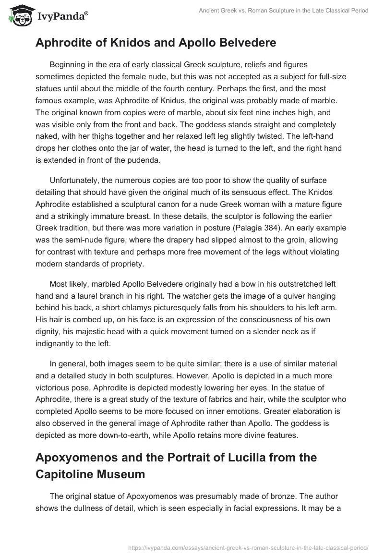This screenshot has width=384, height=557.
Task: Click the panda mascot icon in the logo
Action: click(x=19, y=16)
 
